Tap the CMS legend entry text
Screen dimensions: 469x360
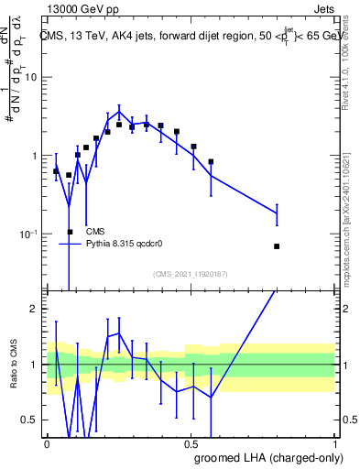pyautogui.click(x=96, y=232)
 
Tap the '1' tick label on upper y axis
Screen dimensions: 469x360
pyautogui.click(x=34, y=156)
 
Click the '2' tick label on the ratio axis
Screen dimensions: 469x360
pyautogui.click(x=34, y=309)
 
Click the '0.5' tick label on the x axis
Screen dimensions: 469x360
pyautogui.click(x=191, y=443)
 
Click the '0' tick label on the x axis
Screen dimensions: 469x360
pyautogui.click(x=47, y=443)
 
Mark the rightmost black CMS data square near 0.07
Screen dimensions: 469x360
pyautogui.click(x=277, y=246)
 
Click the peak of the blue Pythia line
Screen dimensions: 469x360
pyautogui.click(x=119, y=112)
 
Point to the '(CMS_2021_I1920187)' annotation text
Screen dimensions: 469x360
pyautogui.click(x=191, y=274)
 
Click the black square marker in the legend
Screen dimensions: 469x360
pyautogui.click(x=71, y=232)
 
